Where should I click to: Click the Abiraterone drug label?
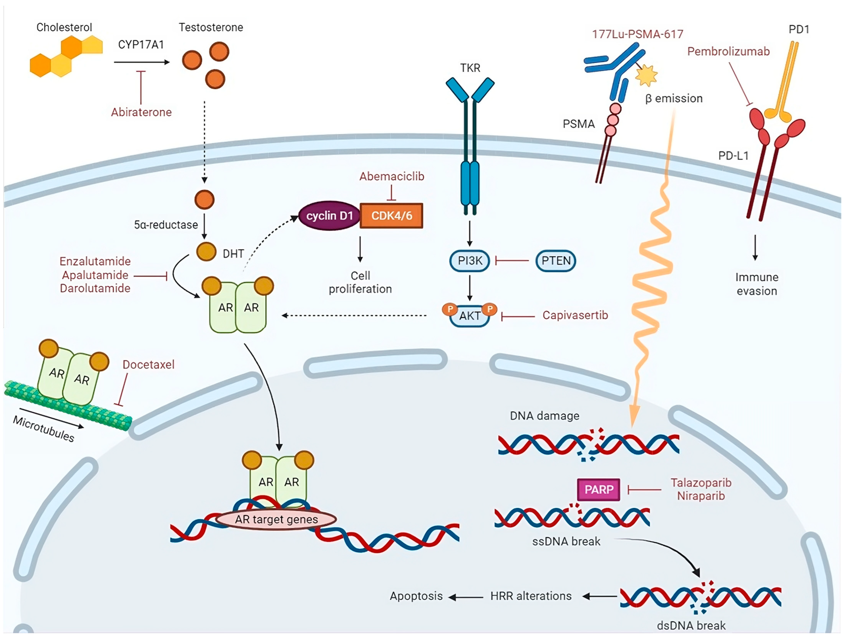[x=141, y=112]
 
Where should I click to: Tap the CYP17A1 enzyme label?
[x=141, y=45]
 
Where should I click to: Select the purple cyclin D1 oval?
[x=329, y=216]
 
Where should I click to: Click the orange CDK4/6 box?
[x=391, y=216]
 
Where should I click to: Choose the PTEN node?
[x=556, y=261]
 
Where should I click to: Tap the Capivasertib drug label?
[x=575, y=315]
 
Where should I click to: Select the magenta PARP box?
[x=599, y=490]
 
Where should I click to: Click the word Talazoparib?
[x=701, y=483]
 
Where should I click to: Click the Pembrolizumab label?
[x=728, y=51]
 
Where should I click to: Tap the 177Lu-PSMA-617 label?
[x=638, y=34]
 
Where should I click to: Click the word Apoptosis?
[x=416, y=596]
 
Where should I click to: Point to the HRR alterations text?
[x=531, y=596]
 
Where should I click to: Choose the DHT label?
[x=233, y=254]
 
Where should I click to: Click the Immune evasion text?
[x=757, y=284]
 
